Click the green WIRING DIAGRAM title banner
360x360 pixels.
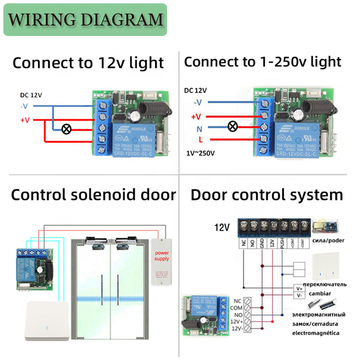(x=85, y=20)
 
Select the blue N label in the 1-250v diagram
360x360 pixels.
(x=199, y=129)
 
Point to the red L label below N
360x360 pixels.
(x=200, y=140)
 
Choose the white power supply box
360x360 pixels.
(x=162, y=261)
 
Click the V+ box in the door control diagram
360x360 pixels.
(x=299, y=288)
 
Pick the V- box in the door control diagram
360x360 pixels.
(x=299, y=295)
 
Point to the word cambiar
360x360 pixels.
(x=319, y=293)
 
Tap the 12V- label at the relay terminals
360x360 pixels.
(x=236, y=329)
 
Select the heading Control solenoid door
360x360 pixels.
(x=94, y=195)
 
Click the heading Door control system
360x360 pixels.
(x=267, y=195)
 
